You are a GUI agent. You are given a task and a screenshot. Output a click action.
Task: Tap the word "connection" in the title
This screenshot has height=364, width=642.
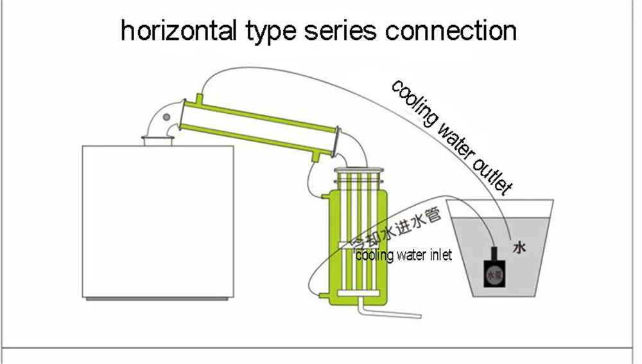451,30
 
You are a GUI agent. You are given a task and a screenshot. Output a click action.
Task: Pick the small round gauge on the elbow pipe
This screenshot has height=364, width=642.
167,116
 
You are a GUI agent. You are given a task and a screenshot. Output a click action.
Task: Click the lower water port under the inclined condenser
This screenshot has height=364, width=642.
317,157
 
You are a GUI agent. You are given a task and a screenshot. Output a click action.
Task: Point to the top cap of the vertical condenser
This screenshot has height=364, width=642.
359,168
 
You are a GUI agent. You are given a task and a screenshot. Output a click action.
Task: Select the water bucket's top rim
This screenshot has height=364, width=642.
500,205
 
